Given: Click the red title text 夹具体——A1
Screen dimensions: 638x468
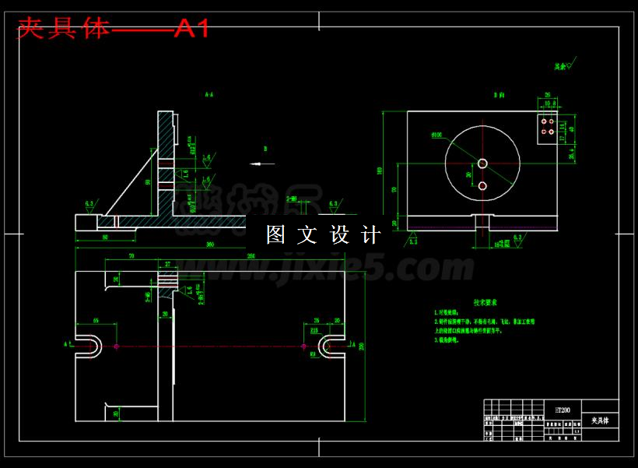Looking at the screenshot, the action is pyautogui.click(x=114, y=29).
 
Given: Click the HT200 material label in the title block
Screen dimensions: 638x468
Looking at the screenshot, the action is pyautogui.click(x=562, y=409).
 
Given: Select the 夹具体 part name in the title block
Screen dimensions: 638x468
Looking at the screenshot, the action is pyautogui.click(x=599, y=420).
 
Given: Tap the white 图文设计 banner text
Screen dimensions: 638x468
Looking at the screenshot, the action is pyautogui.click(x=323, y=234).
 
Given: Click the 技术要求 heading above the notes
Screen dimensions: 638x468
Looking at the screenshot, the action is pyautogui.click(x=485, y=302).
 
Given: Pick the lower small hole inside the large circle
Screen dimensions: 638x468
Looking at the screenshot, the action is pyautogui.click(x=482, y=185).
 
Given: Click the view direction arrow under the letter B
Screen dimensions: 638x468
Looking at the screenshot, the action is pyautogui.click(x=263, y=164).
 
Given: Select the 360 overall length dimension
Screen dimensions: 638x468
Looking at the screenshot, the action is pyautogui.click(x=210, y=245).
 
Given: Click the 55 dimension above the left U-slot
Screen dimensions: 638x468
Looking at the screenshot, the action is pyautogui.click(x=96, y=321).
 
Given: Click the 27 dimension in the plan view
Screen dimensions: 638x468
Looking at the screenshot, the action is pyautogui.click(x=168, y=265).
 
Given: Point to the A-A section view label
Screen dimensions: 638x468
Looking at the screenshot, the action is pyautogui.click(x=209, y=95).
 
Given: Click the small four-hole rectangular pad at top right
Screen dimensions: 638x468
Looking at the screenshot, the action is pyautogui.click(x=548, y=126).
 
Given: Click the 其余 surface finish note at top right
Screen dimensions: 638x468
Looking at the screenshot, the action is pyautogui.click(x=562, y=67).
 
